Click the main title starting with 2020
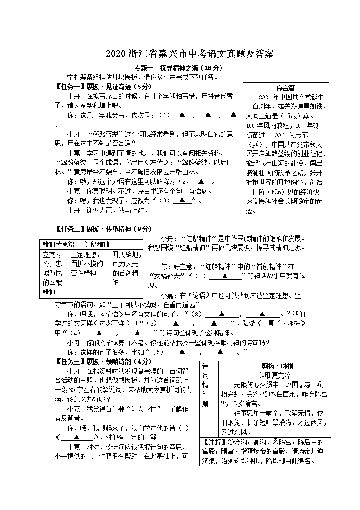pyautogui.click(x=190, y=54)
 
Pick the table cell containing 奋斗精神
pyautogui.click(x=89, y=264)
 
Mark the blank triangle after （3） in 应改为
pyautogui.click(x=182, y=200)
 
